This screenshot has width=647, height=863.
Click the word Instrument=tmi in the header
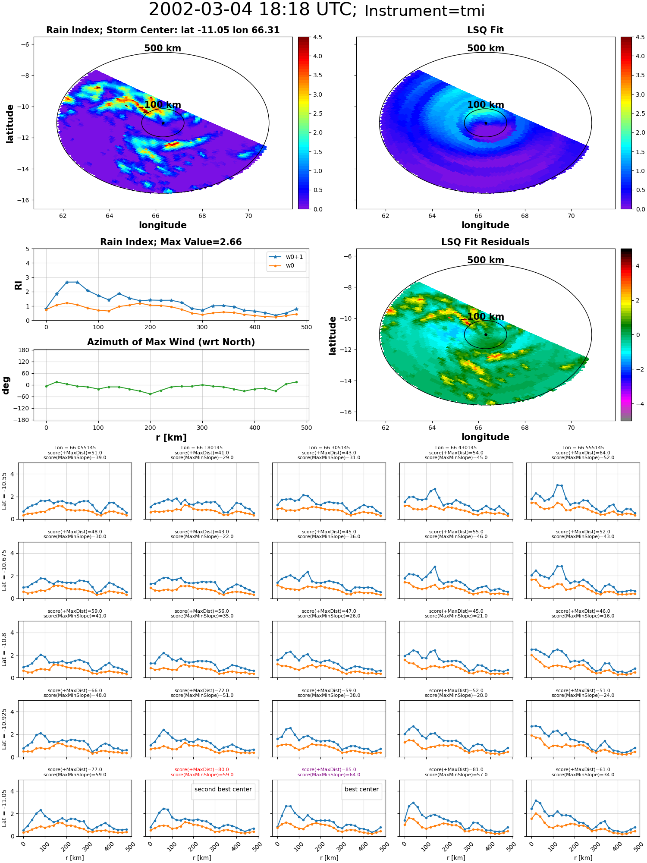point(424,11)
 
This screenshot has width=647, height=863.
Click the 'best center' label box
point(361,789)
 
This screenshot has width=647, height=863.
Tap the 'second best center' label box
point(223,789)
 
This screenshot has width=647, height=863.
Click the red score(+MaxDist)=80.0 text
point(202,769)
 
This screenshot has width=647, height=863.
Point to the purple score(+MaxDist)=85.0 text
point(329,769)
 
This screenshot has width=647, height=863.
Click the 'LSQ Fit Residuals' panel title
point(485,242)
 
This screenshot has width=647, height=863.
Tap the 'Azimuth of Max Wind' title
point(171,342)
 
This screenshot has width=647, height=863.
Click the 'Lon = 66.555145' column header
point(583,447)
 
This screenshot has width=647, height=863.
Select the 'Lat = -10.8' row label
point(4,649)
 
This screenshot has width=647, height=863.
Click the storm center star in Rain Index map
point(163,123)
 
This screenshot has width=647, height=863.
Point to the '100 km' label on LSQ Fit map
point(486,105)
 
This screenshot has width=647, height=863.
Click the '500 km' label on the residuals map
point(486,260)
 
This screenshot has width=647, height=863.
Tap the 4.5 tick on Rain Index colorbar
point(317,37)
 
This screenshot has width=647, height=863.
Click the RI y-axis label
point(18,285)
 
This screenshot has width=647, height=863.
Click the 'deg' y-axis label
point(6,385)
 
